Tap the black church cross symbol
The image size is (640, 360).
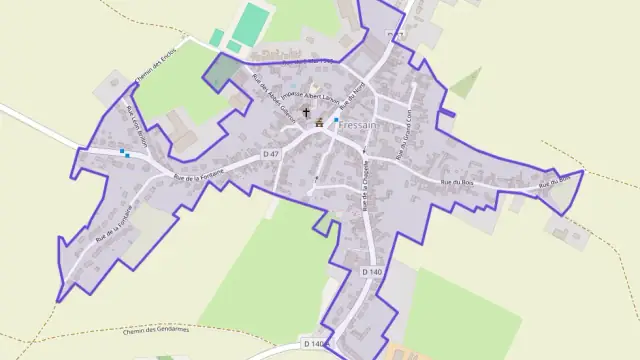(306, 113)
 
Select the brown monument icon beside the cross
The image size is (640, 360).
(319, 123)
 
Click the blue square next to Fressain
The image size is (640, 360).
(336, 119)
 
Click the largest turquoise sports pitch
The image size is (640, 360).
(254, 22)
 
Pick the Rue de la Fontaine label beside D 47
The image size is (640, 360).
(200, 173)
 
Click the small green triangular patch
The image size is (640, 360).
(466, 84)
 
